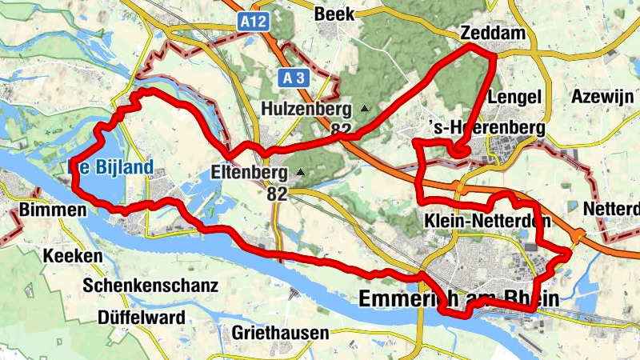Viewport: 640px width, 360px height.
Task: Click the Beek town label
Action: tap(334, 14)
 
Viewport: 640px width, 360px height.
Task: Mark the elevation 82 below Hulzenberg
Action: tap(340, 128)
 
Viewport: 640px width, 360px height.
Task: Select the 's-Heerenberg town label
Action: tap(487, 128)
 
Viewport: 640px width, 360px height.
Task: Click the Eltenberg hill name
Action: tap(249, 171)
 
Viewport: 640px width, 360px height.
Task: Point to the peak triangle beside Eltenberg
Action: tap(301, 171)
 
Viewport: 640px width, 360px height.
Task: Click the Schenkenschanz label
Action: tap(139, 286)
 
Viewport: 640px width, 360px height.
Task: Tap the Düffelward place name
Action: tap(141, 317)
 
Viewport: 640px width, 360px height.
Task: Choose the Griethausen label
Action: tap(279, 332)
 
